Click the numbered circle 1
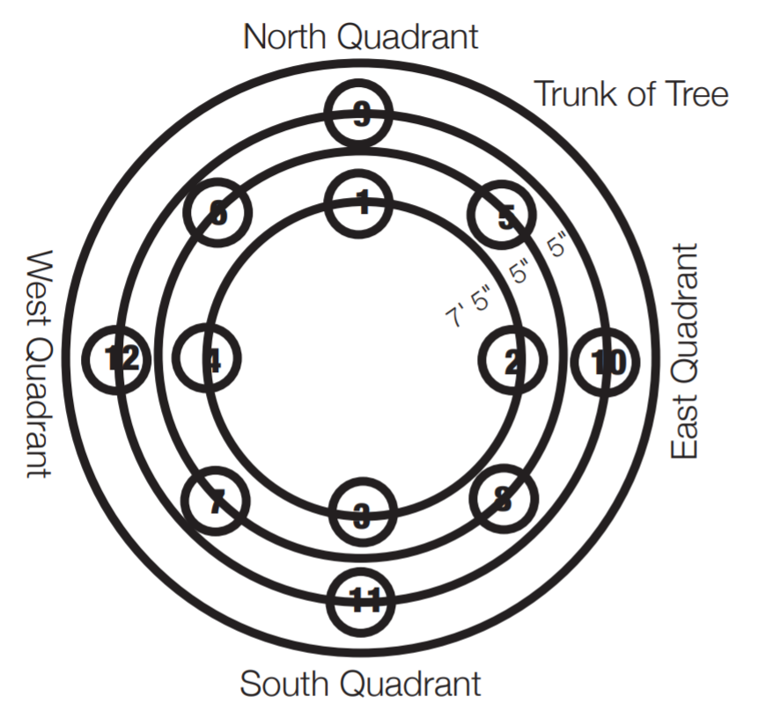360,203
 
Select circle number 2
511,361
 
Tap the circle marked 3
362,515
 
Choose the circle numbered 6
218,214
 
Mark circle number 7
216,503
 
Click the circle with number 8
503,502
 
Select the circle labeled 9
358,115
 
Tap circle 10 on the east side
606,361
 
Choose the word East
685,426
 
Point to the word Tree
695,93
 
